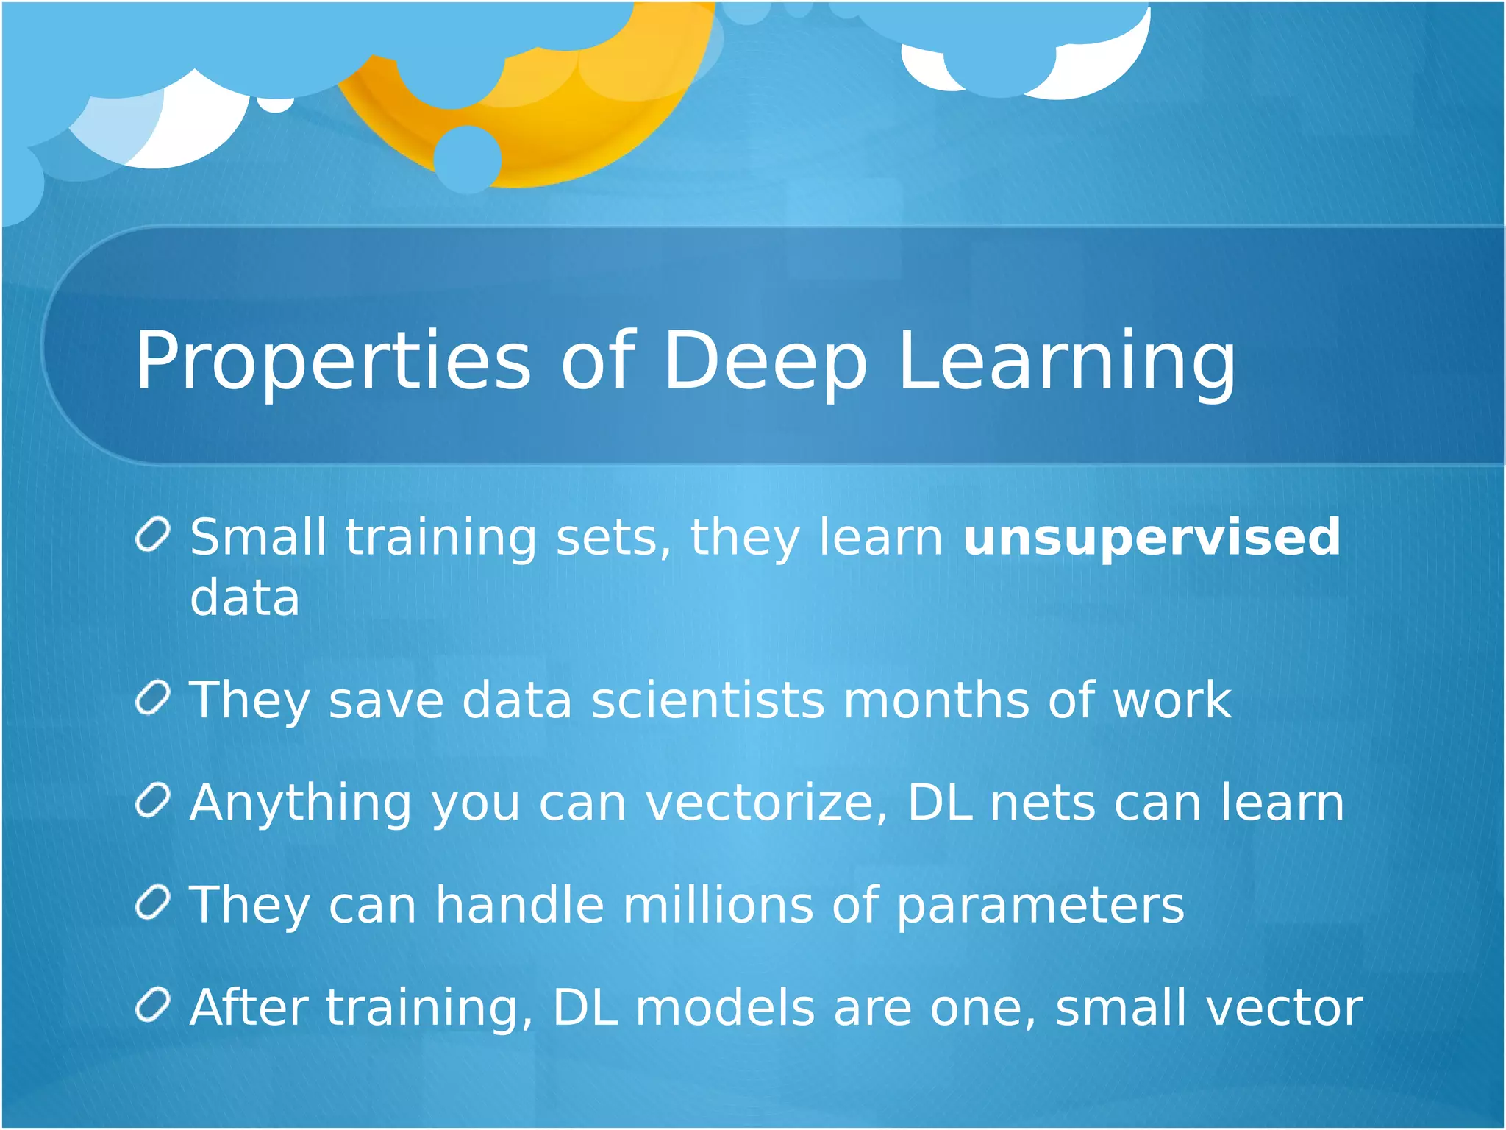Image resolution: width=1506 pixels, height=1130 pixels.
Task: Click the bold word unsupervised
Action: tap(1152, 538)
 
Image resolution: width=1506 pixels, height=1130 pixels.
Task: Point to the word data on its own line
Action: tap(245, 597)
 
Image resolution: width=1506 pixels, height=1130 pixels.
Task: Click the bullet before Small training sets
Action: tap(154, 535)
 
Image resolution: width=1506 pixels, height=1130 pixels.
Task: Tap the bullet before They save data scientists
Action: tap(154, 697)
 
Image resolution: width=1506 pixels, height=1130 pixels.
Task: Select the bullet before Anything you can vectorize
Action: tap(154, 800)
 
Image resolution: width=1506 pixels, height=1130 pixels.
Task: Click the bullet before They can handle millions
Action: tap(154, 903)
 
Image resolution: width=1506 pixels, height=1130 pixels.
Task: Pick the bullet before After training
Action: tap(154, 1006)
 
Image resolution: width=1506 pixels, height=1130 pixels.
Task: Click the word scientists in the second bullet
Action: tap(707, 700)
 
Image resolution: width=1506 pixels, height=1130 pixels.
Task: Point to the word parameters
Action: tap(1041, 906)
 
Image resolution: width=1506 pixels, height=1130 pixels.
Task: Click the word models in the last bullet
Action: tap(724, 1008)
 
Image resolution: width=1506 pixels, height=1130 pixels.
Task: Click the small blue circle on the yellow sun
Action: tap(468, 159)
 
